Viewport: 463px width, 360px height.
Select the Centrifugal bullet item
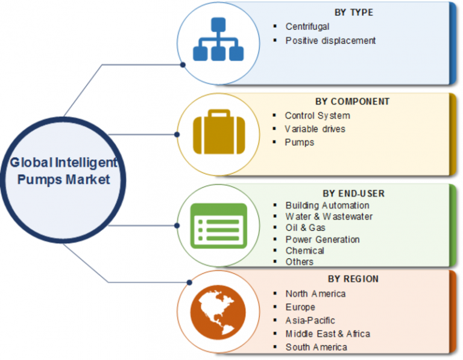pyautogui.click(x=307, y=27)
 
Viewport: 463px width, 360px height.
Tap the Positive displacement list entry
pyautogui.click(x=330, y=40)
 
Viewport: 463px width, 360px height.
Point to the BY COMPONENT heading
pyautogui.click(x=352, y=101)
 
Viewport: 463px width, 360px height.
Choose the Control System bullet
pyautogui.click(x=317, y=115)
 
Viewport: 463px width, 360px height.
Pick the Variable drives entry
pyautogui.click(x=315, y=128)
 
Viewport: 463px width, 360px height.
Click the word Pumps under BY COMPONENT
pyautogui.click(x=300, y=142)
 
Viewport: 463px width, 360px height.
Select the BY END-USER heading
pyautogui.click(x=353, y=194)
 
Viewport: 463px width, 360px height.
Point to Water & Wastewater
pyautogui.click(x=329, y=216)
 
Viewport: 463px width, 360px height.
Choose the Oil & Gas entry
pyautogui.click(x=305, y=228)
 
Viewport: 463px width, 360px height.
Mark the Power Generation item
pyautogui.click(x=323, y=239)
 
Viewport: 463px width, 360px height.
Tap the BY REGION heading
pyautogui.click(x=353, y=279)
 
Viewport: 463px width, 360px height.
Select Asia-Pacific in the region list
pyautogui.click(x=310, y=320)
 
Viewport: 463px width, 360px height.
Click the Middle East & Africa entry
pyautogui.click(x=327, y=333)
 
